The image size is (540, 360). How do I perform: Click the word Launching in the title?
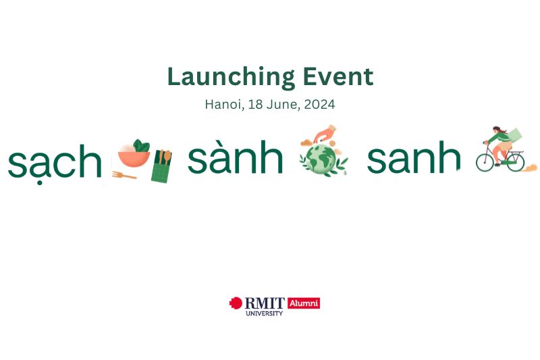click(x=231, y=78)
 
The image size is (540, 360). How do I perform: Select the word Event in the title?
click(x=338, y=76)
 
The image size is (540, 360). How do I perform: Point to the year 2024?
click(x=319, y=104)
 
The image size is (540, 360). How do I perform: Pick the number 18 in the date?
click(x=256, y=104)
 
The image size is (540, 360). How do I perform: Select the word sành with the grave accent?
click(x=235, y=157)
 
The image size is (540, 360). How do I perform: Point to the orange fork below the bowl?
click(x=124, y=176)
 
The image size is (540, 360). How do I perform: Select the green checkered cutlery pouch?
click(x=161, y=166)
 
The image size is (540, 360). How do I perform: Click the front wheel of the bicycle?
click(x=485, y=163)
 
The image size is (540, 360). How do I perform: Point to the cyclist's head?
click(x=497, y=130)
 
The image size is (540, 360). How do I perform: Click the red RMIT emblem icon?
click(x=236, y=303)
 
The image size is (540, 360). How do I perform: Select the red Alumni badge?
click(x=304, y=303)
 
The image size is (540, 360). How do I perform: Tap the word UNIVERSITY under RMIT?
click(x=264, y=313)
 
